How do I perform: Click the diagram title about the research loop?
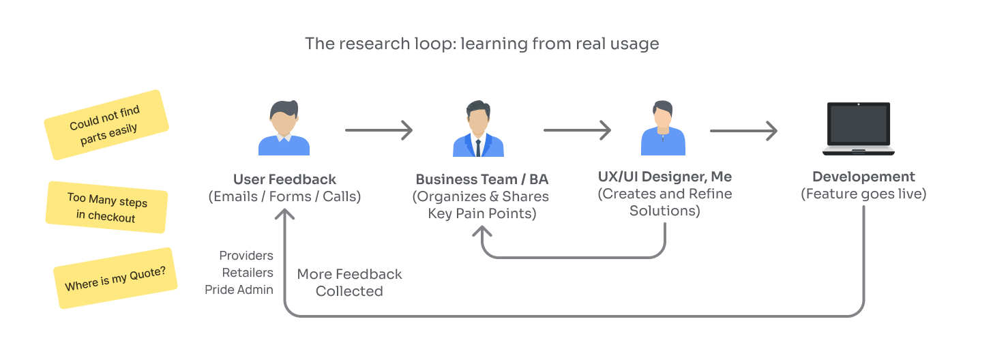click(x=481, y=44)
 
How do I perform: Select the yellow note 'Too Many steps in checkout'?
click(x=106, y=208)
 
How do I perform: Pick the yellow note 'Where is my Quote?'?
click(x=115, y=278)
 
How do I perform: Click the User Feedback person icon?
click(x=284, y=129)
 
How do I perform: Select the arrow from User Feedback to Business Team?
click(x=379, y=130)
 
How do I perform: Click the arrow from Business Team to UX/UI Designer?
click(x=576, y=130)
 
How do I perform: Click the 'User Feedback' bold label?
click(x=284, y=179)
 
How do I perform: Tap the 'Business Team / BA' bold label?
click(x=481, y=180)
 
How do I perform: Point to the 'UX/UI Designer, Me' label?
click(x=665, y=177)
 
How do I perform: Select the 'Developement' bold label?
click(x=863, y=177)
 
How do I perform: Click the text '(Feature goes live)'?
click(x=863, y=194)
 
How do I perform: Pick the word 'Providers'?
click(x=246, y=256)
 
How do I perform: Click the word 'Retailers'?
click(x=248, y=273)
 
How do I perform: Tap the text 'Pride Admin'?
click(x=239, y=290)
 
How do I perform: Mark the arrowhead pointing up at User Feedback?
click(x=284, y=213)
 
